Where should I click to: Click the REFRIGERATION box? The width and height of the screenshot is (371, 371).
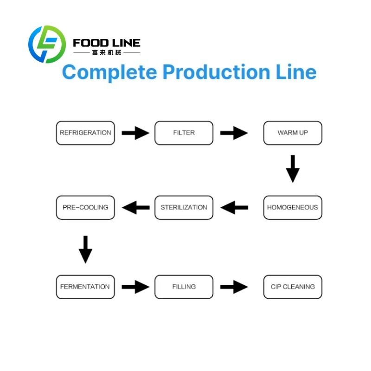pyautogui.click(x=85, y=133)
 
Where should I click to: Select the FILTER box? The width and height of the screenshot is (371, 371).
pyautogui.click(x=184, y=133)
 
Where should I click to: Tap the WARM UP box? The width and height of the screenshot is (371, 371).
pyautogui.click(x=293, y=133)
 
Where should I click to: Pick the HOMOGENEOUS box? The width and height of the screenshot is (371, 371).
pyautogui.click(x=293, y=207)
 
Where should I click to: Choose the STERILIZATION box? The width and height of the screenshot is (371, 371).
pyautogui.click(x=184, y=207)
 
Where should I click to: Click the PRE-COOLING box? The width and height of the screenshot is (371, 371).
pyautogui.click(x=85, y=207)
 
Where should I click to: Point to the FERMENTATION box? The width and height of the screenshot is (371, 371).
pyautogui.click(x=85, y=287)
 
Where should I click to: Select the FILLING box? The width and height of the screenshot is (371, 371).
pyautogui.click(x=184, y=287)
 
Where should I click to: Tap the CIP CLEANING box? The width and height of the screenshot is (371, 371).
pyautogui.click(x=293, y=287)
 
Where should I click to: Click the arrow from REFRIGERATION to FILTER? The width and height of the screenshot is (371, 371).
pyautogui.click(x=135, y=133)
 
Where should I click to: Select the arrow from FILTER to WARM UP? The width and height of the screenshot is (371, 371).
pyautogui.click(x=234, y=133)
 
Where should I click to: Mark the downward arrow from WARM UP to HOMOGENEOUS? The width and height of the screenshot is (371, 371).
pyautogui.click(x=293, y=169)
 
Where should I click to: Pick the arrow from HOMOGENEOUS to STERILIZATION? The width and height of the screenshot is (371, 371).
pyautogui.click(x=234, y=207)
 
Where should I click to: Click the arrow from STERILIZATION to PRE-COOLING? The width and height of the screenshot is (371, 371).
pyautogui.click(x=135, y=207)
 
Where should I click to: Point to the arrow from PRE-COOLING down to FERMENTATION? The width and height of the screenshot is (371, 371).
pyautogui.click(x=85, y=249)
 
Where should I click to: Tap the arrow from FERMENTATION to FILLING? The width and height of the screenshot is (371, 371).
pyautogui.click(x=135, y=287)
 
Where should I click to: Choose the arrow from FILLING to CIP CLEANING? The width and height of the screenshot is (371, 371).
pyautogui.click(x=234, y=287)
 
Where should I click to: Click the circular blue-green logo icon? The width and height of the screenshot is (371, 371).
pyautogui.click(x=46, y=45)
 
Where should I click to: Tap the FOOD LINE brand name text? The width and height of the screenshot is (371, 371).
pyautogui.click(x=107, y=43)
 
